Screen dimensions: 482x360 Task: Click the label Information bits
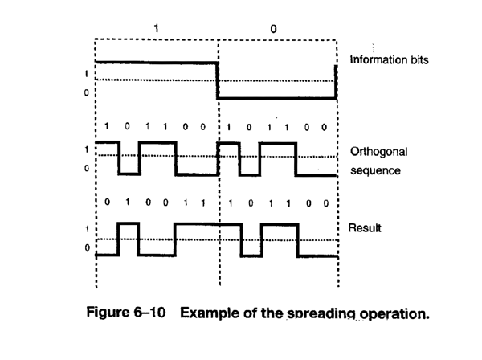[389, 59]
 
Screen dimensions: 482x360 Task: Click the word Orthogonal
[378, 152]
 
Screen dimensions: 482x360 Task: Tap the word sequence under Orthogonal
[375, 170]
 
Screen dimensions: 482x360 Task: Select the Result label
[365, 228]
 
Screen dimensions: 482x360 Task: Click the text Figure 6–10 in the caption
[126, 312]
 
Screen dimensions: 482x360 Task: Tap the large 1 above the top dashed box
[156, 29]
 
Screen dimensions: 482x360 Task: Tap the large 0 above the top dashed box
[273, 29]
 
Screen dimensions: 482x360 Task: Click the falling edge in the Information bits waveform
[218, 80]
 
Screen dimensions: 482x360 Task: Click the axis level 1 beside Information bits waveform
[87, 74]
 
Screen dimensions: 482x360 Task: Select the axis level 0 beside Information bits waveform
[87, 92]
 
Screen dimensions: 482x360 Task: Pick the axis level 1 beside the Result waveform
[87, 229]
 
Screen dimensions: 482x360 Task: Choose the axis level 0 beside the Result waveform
[88, 247]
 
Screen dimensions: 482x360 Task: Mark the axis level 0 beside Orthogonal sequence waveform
[87, 168]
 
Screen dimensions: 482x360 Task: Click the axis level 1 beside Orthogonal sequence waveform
[87, 149]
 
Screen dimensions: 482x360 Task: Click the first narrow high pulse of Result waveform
[129, 224]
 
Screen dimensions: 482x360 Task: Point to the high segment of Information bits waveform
[157, 63]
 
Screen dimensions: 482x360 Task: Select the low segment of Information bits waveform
[276, 98]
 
